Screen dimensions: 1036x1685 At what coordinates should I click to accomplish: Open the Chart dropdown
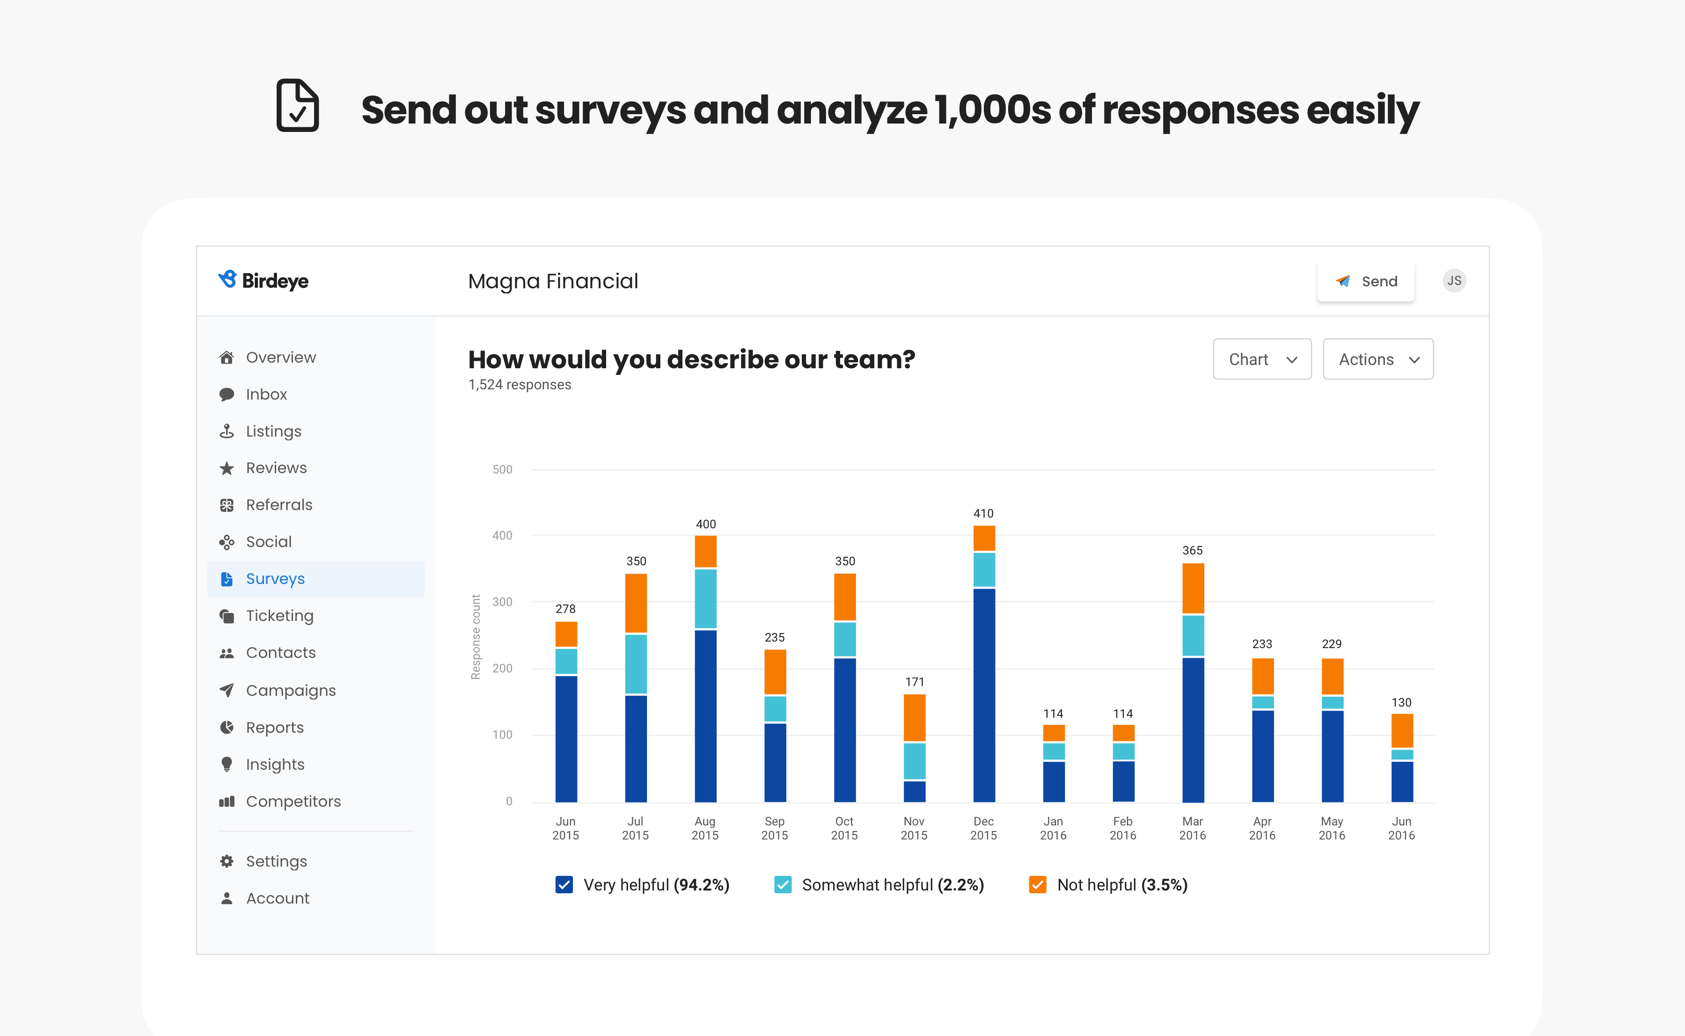pyautogui.click(x=1261, y=359)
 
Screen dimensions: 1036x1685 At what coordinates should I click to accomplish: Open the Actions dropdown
pyautogui.click(x=1377, y=359)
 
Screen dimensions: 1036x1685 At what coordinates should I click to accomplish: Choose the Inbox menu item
pyautogui.click(x=266, y=394)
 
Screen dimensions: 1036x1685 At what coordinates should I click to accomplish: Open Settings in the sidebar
pyautogui.click(x=276, y=861)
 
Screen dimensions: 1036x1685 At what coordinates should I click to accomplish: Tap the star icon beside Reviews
pyautogui.click(x=226, y=468)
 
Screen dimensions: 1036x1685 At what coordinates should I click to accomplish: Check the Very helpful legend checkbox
pyautogui.click(x=564, y=884)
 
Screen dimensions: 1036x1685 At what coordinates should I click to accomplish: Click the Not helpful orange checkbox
pyautogui.click(x=1038, y=884)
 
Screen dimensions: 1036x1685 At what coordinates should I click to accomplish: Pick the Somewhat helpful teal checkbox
pyautogui.click(x=783, y=884)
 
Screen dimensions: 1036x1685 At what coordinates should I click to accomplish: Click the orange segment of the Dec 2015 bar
pyautogui.click(x=984, y=538)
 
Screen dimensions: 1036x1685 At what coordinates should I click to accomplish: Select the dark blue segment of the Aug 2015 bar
pyautogui.click(x=705, y=716)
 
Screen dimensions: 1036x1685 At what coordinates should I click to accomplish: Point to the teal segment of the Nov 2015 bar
pyautogui.click(x=914, y=760)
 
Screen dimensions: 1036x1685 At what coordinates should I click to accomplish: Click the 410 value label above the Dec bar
pyautogui.click(x=983, y=513)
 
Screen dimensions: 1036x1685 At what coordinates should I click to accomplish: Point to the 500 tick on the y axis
pyautogui.click(x=502, y=469)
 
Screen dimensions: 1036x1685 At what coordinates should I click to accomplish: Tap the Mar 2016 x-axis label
pyautogui.click(x=1192, y=828)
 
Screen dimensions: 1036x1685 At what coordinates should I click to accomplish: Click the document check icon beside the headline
pyautogui.click(x=297, y=106)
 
